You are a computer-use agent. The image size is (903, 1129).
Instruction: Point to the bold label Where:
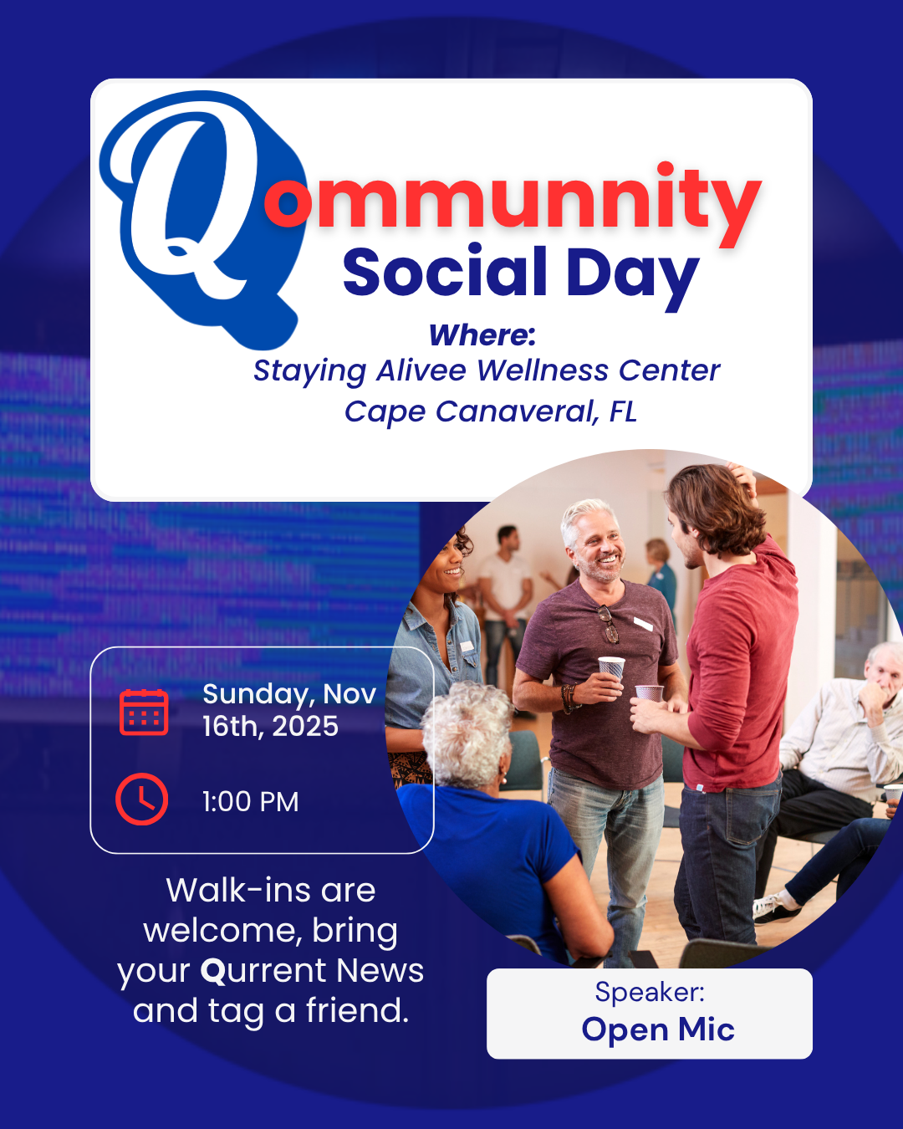point(482,335)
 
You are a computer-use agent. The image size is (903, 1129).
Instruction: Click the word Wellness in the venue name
point(543,370)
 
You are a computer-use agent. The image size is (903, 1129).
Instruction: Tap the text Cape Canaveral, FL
point(491,411)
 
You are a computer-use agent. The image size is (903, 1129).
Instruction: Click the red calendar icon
point(144,713)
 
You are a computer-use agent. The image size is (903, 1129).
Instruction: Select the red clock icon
point(141,799)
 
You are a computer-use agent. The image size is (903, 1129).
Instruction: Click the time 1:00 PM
point(251,802)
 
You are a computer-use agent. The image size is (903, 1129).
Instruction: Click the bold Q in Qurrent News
point(213,972)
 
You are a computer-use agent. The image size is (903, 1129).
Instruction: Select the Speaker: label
point(650,992)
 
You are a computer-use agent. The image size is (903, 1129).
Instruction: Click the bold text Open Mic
point(658,1029)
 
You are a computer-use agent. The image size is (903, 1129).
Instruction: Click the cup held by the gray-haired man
point(612,669)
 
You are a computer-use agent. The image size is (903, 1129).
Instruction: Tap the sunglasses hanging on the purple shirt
point(609,624)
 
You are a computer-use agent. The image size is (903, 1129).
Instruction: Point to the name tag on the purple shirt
point(643,623)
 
